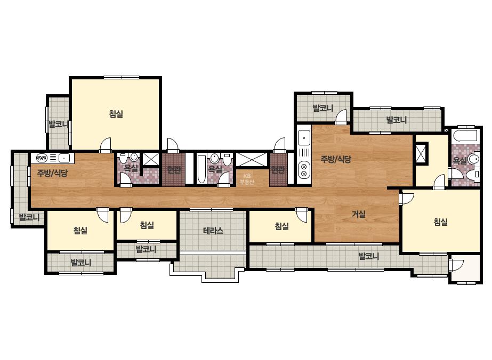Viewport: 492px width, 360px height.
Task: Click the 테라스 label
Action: point(213,231)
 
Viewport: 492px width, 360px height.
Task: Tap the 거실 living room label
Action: point(359,215)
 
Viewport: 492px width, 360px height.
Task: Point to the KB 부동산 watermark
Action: point(247,179)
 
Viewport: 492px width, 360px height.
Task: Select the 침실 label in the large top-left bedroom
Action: point(116,113)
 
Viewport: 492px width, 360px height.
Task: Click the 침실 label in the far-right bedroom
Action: point(440,222)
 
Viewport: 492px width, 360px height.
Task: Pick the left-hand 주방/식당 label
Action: point(52,173)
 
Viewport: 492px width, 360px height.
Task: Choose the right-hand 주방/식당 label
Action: point(336,159)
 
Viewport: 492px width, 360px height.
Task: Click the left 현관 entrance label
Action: point(174,170)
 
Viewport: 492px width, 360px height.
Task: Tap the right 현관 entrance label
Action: point(278,170)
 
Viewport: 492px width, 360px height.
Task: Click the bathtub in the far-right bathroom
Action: point(466,135)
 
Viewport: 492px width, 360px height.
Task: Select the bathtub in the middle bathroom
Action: point(201,169)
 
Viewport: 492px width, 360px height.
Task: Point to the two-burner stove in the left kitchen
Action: point(42,158)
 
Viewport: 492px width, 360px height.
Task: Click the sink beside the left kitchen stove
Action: point(64,158)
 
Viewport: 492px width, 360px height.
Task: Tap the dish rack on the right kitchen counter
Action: point(304,153)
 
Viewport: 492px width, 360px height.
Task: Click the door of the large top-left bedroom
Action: point(106,145)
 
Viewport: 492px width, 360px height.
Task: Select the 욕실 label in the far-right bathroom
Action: point(460,161)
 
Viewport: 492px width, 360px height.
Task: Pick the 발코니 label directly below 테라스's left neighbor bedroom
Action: point(146,250)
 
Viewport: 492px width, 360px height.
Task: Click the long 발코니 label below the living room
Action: point(369,256)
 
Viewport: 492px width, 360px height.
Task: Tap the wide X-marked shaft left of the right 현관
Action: point(252,159)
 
